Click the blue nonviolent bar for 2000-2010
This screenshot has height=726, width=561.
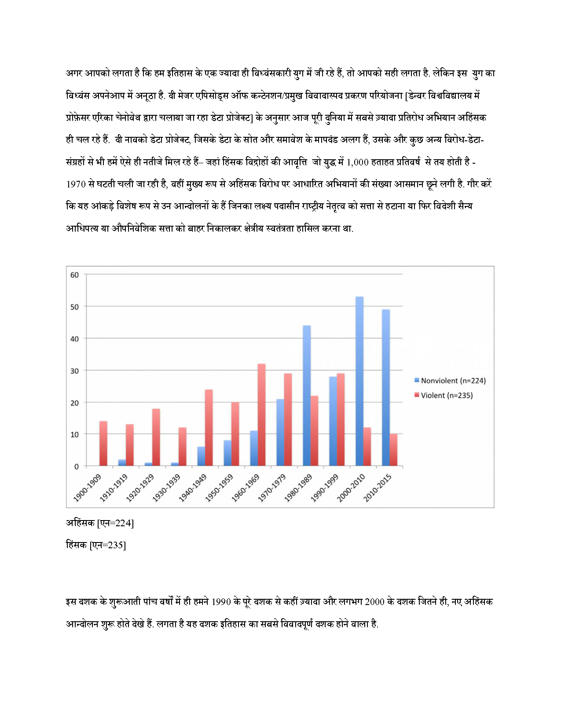tap(359, 381)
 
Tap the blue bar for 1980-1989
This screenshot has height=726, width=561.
tap(307, 396)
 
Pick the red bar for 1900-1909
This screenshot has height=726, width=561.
tap(103, 444)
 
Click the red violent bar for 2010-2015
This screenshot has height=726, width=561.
tap(393, 450)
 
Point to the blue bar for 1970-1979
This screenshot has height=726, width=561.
tap(280, 432)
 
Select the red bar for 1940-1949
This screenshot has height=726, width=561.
tap(209, 427)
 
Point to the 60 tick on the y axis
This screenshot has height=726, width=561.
tap(75, 275)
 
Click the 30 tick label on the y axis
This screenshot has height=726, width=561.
tap(75, 371)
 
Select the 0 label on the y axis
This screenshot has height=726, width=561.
tap(77, 466)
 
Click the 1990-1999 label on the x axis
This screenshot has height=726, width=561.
tap(325, 488)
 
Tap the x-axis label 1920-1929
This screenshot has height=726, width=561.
tap(140, 488)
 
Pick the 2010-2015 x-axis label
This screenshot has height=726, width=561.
tap(378, 488)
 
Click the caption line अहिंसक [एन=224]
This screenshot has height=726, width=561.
tap(100, 523)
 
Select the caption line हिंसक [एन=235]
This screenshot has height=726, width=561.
tap(96, 545)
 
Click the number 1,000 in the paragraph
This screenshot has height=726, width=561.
tap(357, 162)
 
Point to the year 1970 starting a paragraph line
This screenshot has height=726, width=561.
tap(76, 184)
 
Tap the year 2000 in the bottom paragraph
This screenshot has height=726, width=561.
tap(374, 602)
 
